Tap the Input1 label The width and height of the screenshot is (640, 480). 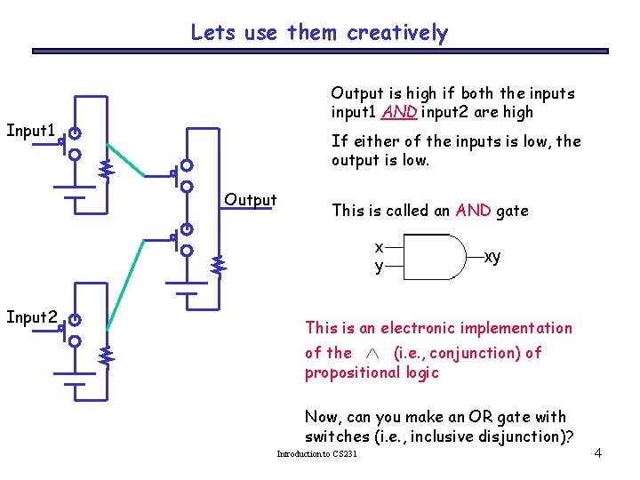coord(31,131)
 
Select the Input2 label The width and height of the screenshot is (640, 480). coord(31,316)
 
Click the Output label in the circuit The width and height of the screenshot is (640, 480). coord(251,200)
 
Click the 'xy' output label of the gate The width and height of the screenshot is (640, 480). coord(492,257)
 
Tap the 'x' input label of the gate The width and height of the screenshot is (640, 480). coord(380,246)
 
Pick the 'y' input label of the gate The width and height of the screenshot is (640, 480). coord(380,266)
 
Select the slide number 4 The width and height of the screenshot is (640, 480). coord(598,453)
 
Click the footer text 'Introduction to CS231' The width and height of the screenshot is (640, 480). coord(317,454)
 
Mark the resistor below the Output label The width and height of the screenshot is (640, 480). coord(219,264)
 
